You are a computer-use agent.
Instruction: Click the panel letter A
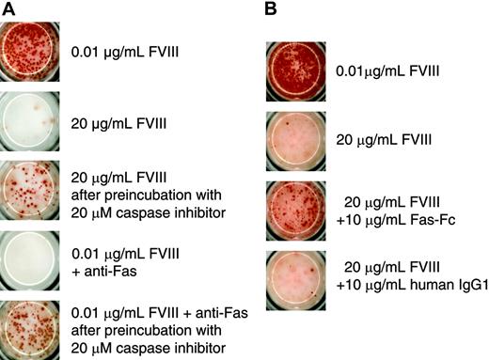8,10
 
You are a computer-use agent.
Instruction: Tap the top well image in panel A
34,48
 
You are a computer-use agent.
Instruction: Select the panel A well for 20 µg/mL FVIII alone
34,117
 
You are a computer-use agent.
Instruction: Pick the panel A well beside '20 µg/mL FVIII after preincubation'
34,189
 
